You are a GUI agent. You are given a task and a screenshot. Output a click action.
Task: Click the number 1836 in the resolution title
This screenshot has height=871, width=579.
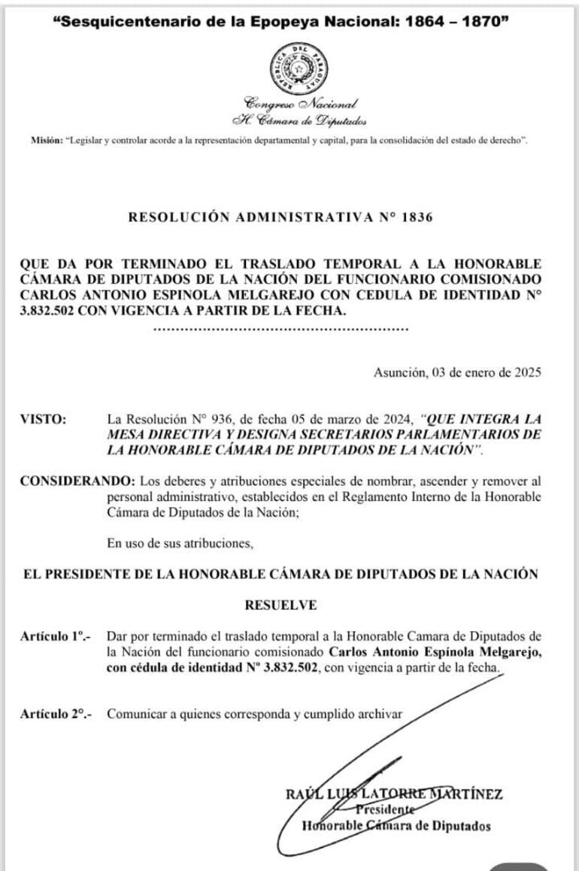point(419,218)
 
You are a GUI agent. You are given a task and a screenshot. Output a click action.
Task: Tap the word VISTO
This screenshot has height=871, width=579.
point(43,418)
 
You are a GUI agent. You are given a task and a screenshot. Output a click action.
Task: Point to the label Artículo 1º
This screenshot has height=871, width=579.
point(55,636)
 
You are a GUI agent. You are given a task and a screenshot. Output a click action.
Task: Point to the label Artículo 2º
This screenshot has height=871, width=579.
point(55,714)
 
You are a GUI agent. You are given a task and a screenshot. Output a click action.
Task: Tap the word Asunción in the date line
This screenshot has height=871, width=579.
point(399,372)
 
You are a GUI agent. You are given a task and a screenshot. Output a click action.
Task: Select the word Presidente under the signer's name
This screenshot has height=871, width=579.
point(385,810)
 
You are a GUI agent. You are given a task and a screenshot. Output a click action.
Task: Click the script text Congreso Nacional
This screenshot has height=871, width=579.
point(301,102)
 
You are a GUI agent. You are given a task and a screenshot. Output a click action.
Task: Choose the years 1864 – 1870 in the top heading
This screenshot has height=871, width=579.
point(453,22)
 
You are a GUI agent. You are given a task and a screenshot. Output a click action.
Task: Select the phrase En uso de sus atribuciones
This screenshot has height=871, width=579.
point(180,542)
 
